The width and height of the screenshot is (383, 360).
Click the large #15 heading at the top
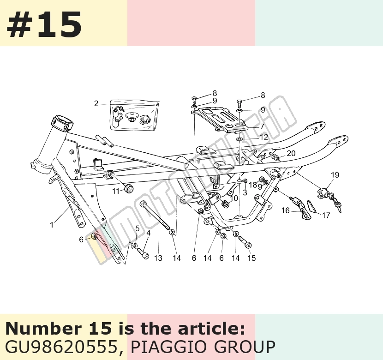point(44,24)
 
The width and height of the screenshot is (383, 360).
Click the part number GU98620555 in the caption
point(62,347)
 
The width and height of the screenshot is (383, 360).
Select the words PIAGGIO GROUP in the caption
point(203,347)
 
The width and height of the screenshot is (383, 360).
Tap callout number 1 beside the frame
point(52,225)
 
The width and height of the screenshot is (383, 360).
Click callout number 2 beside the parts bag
point(96,103)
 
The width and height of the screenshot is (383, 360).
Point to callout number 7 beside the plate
point(262,126)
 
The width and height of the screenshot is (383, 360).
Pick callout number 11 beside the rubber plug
point(115,191)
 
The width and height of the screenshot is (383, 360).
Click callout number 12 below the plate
point(264,137)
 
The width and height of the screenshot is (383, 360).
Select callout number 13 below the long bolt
point(158,258)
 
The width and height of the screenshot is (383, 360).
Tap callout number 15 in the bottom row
point(251,258)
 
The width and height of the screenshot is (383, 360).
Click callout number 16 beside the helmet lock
point(285,210)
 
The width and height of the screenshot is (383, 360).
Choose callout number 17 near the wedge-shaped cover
point(326,215)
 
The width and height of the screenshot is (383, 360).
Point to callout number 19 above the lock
point(335,175)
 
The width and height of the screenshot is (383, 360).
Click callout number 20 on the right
point(291,153)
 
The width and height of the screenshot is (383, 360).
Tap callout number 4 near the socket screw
point(149,233)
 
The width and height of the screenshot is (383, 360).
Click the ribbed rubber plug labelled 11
point(129,189)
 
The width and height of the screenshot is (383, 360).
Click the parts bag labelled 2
point(133,115)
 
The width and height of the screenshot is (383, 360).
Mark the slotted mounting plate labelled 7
point(219,119)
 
